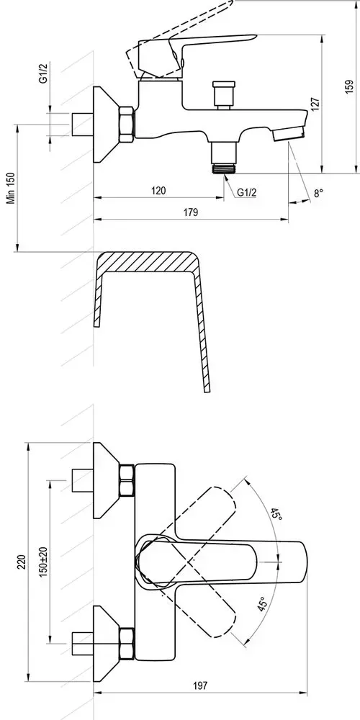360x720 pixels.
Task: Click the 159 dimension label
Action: point(349,86)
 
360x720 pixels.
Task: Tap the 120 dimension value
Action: point(158,190)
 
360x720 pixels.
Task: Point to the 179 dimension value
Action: point(191,212)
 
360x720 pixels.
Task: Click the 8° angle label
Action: point(318,193)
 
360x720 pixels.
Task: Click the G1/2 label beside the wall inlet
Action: point(42,73)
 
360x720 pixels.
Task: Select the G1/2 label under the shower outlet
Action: point(246,192)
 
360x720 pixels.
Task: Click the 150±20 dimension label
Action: point(44,561)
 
